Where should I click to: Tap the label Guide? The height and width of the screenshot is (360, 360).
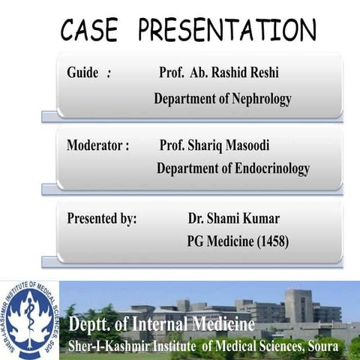[x=82, y=73]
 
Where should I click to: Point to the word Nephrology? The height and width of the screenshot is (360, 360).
[x=260, y=98]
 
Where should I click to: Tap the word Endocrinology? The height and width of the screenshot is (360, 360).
[x=271, y=169]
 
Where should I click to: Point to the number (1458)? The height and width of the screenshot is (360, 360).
[x=271, y=241]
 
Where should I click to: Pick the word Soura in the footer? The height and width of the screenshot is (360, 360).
[x=324, y=346]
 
